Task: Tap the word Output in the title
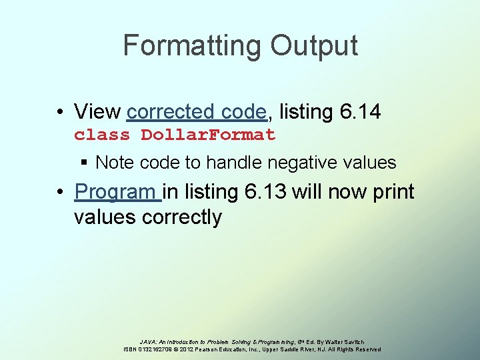click(314, 46)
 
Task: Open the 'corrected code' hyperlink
click(197, 111)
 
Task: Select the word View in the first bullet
click(97, 111)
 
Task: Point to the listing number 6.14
click(360, 111)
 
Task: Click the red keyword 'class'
click(102, 135)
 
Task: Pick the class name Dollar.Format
click(208, 135)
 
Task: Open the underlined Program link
click(117, 193)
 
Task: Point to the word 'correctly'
click(181, 217)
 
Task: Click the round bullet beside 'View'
click(61, 112)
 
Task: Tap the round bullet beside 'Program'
click(61, 193)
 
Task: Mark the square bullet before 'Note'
click(85, 163)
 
